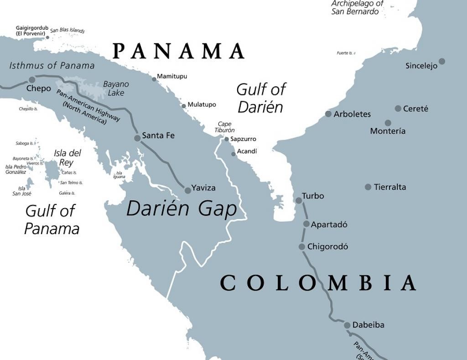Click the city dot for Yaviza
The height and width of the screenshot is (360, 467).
pyautogui.click(x=187, y=190)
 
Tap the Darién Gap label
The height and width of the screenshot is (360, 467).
pyautogui.click(x=182, y=209)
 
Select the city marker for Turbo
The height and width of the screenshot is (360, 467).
pyautogui.click(x=299, y=200)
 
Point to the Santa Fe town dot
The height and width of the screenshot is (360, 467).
pyautogui.click(x=137, y=138)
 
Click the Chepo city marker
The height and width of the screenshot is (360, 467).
pyautogui.click(x=32, y=80)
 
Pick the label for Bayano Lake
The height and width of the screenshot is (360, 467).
pyautogui.click(x=116, y=89)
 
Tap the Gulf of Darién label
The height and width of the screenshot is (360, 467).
pyautogui.click(x=260, y=98)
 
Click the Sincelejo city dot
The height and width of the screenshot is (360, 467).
pyautogui.click(x=441, y=61)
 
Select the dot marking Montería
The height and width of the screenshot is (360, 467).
pyautogui.click(x=388, y=123)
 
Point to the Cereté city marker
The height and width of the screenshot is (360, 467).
pyautogui.click(x=398, y=109)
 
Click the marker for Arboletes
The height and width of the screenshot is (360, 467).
pyautogui.click(x=328, y=114)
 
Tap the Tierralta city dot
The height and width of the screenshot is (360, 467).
pyautogui.click(x=368, y=187)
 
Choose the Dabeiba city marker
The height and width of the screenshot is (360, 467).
pyautogui.click(x=347, y=325)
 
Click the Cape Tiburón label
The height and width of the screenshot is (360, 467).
pyautogui.click(x=225, y=127)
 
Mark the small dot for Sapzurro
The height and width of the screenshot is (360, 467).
pyautogui.click(x=226, y=139)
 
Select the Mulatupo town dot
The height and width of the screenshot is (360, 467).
pyautogui.click(x=184, y=106)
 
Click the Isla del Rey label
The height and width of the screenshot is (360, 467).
pyautogui.click(x=67, y=157)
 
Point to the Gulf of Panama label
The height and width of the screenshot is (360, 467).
pyautogui.click(x=52, y=219)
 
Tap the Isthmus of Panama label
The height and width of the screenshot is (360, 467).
pyautogui.click(x=52, y=65)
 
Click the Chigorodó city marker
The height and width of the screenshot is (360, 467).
pyautogui.click(x=301, y=247)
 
